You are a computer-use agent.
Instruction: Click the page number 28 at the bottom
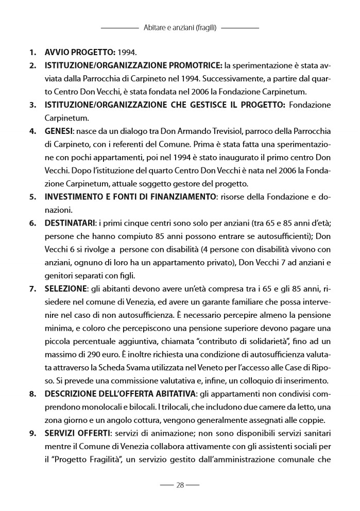click(x=180, y=485)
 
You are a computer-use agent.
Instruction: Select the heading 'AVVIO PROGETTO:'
click(x=80, y=53)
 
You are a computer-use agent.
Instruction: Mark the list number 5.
click(x=32, y=196)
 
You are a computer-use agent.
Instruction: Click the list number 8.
click(x=32, y=394)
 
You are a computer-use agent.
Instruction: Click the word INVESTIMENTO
click(x=76, y=196)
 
